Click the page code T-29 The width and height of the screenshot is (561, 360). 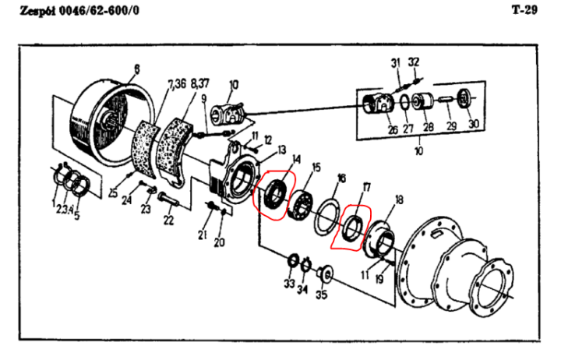pyautogui.click(x=524, y=9)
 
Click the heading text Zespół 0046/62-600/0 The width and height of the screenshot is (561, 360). pyautogui.click(x=79, y=11)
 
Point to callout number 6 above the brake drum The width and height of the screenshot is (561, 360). pyautogui.click(x=136, y=69)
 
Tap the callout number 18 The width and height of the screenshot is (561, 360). pyautogui.click(x=399, y=200)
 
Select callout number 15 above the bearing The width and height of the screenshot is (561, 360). pyautogui.click(x=316, y=168)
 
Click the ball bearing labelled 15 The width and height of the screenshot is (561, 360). pyautogui.click(x=301, y=205)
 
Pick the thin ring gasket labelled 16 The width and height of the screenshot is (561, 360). pyautogui.click(x=326, y=218)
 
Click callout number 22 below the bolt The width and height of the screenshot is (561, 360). pyautogui.click(x=168, y=220)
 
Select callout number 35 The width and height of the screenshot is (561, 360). pyautogui.click(x=321, y=295)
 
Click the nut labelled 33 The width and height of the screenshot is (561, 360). pyautogui.click(x=293, y=260)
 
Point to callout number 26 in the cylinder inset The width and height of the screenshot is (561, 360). pyautogui.click(x=393, y=129)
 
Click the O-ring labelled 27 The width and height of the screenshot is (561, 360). pyautogui.click(x=404, y=103)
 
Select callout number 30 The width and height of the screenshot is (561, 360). pyautogui.click(x=474, y=124)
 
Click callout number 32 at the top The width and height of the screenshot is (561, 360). pyautogui.click(x=414, y=62)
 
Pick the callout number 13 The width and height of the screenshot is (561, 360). pyautogui.click(x=282, y=150)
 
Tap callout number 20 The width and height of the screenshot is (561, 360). pyautogui.click(x=219, y=242)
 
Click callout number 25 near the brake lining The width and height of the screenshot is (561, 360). pyautogui.click(x=113, y=193)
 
